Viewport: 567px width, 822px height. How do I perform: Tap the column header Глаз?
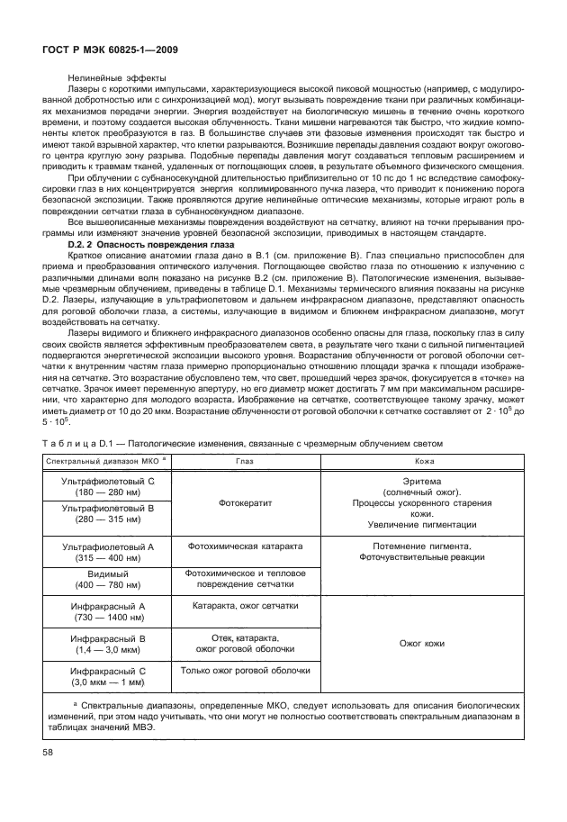[245, 460]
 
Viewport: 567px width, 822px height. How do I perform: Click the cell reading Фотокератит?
[245, 504]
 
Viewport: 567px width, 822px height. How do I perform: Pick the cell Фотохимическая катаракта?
[245, 546]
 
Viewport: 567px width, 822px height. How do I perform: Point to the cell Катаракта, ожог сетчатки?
[245, 608]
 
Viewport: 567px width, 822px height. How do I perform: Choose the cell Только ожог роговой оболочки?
[245, 672]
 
